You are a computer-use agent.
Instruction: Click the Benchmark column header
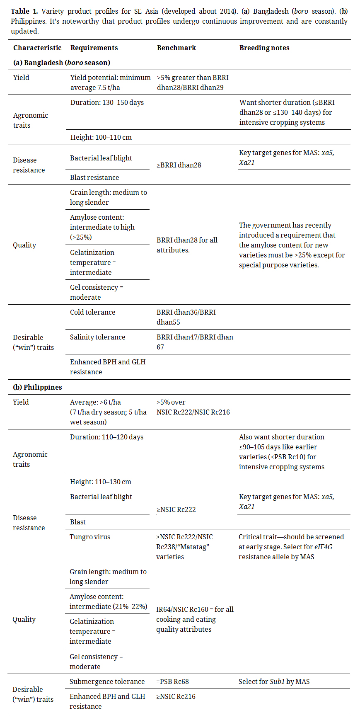176,48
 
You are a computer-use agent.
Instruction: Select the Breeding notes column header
264,48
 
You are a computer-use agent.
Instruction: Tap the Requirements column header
94,48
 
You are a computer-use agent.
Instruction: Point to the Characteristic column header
37,48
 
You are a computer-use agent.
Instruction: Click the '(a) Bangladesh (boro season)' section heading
62,63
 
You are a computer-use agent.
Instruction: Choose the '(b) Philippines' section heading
37,387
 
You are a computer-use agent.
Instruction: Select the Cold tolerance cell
93,312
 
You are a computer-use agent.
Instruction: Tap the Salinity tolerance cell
97,337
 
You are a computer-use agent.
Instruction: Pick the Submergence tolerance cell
107,681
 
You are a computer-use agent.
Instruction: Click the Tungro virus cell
90,537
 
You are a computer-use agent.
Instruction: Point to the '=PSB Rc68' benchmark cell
172,681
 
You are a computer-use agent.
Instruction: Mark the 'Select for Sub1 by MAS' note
274,681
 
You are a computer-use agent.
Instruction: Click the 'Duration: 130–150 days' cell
107,102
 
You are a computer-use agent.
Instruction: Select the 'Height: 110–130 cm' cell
100,482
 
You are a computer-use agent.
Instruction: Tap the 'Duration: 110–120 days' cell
106,437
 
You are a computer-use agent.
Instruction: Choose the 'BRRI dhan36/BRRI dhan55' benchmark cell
186,317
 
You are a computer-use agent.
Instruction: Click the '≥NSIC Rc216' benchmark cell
176,696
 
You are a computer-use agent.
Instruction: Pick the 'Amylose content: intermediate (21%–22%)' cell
108,601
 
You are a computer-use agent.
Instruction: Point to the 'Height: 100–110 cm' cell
101,137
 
